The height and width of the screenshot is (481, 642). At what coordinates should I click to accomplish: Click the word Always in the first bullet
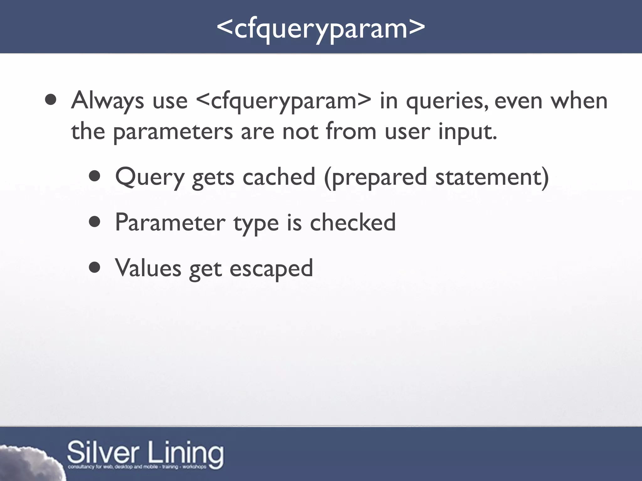(x=108, y=101)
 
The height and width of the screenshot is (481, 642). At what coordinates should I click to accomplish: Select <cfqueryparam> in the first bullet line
(x=284, y=101)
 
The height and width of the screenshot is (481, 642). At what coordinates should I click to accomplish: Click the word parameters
(x=173, y=132)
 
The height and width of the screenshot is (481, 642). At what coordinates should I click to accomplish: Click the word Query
(x=150, y=177)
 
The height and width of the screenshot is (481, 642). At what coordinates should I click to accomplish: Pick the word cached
(x=279, y=177)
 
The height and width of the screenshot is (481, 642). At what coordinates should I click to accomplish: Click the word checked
(x=353, y=222)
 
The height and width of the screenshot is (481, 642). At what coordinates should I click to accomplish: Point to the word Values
(x=148, y=268)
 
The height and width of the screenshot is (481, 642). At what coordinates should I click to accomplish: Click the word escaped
(x=271, y=269)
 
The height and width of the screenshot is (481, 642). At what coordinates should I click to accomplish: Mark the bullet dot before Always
(x=50, y=100)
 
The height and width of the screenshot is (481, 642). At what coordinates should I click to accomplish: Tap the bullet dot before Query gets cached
(x=94, y=177)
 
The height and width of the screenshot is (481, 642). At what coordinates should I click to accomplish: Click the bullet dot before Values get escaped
(x=94, y=268)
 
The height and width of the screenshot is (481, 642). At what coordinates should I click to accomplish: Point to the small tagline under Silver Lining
(x=137, y=467)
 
